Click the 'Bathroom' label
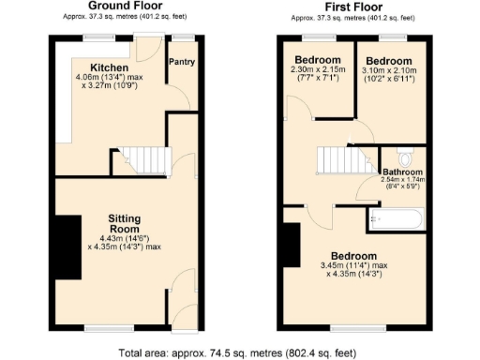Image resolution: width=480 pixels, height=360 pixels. (x=402, y=172)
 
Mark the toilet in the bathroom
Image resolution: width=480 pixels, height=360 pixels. (x=405, y=157)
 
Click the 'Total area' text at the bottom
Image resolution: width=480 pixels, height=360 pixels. (x=239, y=352)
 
